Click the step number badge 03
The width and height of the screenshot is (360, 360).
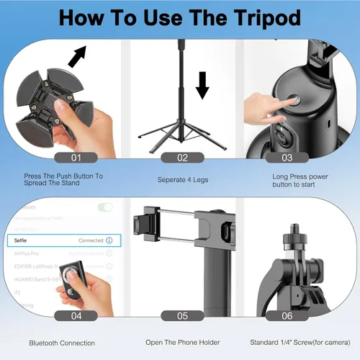click(x=287, y=157)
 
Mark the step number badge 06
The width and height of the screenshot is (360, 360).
click(x=287, y=315)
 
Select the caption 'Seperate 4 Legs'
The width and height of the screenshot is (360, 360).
click(x=182, y=179)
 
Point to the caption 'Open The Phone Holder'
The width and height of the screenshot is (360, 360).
click(x=182, y=343)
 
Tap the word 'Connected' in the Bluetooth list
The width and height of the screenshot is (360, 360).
click(x=90, y=240)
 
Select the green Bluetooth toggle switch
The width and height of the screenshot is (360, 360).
click(x=105, y=207)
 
